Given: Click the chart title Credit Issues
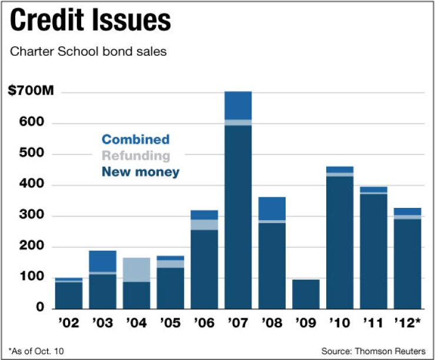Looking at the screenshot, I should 91,21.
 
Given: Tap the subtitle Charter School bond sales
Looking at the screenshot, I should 89,52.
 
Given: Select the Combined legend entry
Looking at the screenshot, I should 135,139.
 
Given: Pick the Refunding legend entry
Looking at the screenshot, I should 135,156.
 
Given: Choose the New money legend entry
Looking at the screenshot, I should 140,172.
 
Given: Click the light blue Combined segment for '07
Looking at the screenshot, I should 238,105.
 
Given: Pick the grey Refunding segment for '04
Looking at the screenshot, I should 136,270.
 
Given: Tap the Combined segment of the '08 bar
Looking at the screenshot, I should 272,208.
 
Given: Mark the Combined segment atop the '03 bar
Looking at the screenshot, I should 102,261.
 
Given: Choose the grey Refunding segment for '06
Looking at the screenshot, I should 204,224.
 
